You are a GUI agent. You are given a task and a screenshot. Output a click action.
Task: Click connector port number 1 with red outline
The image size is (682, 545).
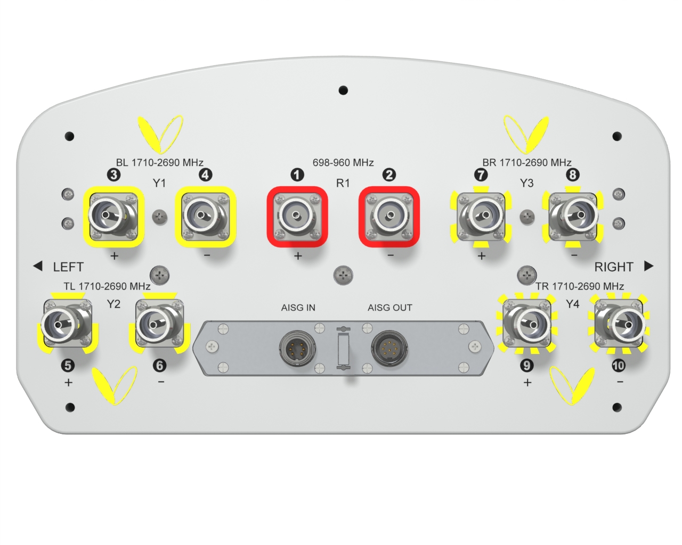click(x=297, y=216)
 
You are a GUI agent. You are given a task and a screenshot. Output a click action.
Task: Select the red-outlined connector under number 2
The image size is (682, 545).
click(x=389, y=216)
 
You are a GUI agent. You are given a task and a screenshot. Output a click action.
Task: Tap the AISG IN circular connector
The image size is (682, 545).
click(x=297, y=349)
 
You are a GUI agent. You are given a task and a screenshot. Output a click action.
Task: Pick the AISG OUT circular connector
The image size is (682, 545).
click(x=389, y=349)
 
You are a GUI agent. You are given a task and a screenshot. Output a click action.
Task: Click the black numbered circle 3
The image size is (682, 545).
click(x=114, y=175)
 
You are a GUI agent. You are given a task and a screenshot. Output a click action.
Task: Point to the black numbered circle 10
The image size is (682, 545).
click(x=618, y=366)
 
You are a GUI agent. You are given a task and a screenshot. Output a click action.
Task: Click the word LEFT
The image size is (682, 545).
click(x=68, y=267)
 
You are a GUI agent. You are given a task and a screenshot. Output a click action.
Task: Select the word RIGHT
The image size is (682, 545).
click(x=614, y=267)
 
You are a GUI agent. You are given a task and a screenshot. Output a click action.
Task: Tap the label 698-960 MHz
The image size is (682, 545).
click(x=343, y=162)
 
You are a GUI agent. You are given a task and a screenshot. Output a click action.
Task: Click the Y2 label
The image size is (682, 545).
click(x=113, y=304)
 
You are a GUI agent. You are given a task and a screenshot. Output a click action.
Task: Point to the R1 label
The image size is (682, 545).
click(x=343, y=183)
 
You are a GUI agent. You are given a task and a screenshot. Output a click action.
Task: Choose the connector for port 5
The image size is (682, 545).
click(x=67, y=323)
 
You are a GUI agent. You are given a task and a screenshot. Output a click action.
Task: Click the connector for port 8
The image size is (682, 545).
click(x=573, y=217)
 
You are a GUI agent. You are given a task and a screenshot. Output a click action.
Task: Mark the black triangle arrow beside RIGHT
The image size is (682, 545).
click(x=649, y=266)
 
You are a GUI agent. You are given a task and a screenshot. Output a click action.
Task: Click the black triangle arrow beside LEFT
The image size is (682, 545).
click(x=38, y=266)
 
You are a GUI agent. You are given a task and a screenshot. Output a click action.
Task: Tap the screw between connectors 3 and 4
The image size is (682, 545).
click(x=160, y=217)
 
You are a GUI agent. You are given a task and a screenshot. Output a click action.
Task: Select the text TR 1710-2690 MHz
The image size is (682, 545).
click(x=580, y=286)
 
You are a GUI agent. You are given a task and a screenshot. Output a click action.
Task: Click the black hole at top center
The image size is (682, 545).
click(x=343, y=90)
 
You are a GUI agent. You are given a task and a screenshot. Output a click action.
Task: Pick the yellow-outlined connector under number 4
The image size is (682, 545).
click(x=206, y=217)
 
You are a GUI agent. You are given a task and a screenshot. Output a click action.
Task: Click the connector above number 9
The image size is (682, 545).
click(x=527, y=323)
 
